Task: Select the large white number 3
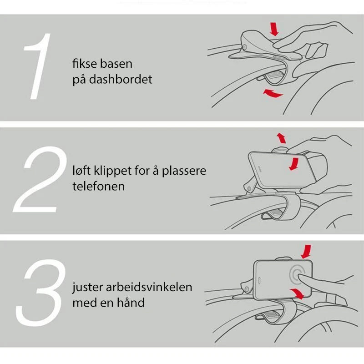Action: click(40, 293)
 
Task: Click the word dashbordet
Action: click(121, 79)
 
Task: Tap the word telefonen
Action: click(98, 186)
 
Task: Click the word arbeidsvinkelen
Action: click(149, 287)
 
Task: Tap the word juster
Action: click(87, 288)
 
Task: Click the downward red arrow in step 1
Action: click(274, 29)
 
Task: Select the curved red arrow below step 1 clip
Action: click(273, 93)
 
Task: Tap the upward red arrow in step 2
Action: click(281, 138)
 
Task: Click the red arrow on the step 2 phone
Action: click(294, 164)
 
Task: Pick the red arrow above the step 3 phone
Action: click(306, 252)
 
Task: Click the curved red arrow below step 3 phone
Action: click(297, 293)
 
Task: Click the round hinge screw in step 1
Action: click(245, 47)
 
